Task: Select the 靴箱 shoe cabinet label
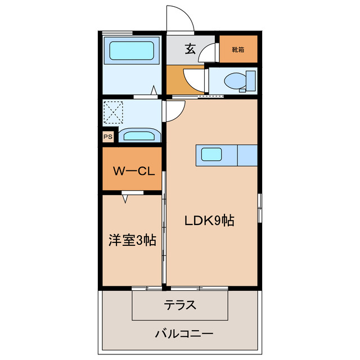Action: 238,49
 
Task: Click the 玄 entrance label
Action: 190,49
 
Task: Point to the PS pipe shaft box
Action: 107,136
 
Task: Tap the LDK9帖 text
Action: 210,221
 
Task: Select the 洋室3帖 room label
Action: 132,240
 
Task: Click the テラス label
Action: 180,305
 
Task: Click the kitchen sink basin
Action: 213,155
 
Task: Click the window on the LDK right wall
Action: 259,208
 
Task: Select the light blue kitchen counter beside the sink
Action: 247,155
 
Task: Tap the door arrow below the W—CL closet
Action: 125,197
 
